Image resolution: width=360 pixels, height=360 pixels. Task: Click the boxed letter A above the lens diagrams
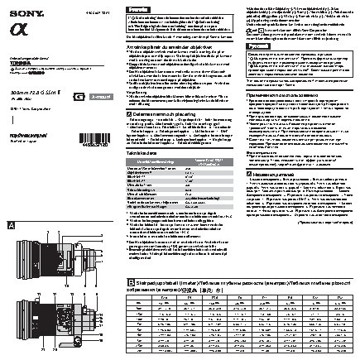click(x=10, y=226)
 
